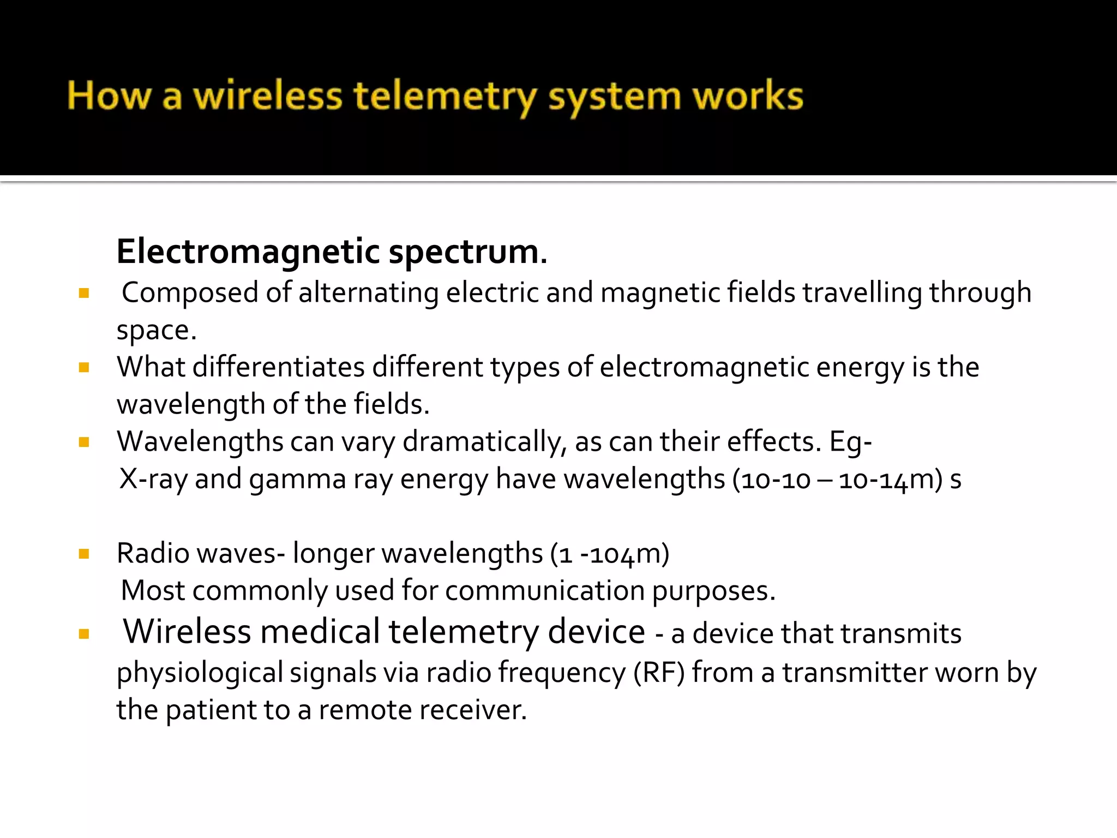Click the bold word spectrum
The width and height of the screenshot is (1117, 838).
coord(467,253)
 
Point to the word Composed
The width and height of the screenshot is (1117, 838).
coord(190,293)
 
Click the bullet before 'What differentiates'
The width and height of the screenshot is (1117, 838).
coord(84,367)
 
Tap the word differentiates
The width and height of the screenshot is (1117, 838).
coord(279,367)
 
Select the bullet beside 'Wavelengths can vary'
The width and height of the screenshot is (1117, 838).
coord(84,442)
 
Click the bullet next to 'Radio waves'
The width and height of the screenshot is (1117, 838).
coord(84,554)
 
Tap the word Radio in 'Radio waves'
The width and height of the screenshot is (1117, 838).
coord(153,553)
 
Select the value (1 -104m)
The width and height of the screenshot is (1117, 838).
coord(610,554)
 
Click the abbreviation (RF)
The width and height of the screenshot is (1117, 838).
coord(659,672)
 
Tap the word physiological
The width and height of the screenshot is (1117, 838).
coord(200,673)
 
